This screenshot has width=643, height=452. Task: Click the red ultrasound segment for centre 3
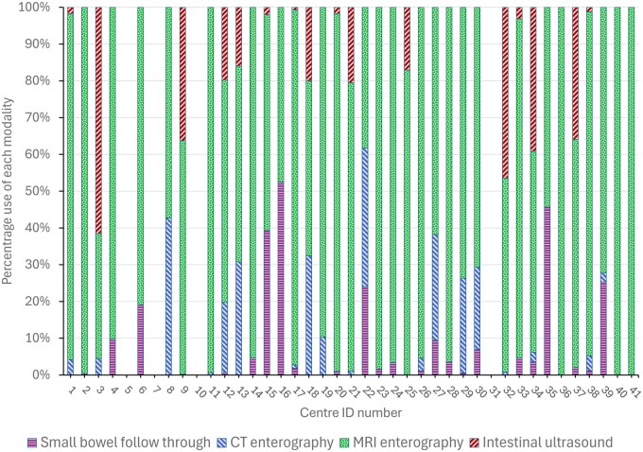pyautogui.click(x=99, y=120)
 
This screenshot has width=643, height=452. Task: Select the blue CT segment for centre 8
pyautogui.click(x=168, y=296)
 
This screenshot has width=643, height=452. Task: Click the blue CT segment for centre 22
pyautogui.click(x=365, y=217)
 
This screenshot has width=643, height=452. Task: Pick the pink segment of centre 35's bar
pyautogui.click(x=547, y=291)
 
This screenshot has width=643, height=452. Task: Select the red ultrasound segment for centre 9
pyautogui.click(x=182, y=74)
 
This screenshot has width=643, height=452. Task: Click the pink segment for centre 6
pyautogui.click(x=141, y=339)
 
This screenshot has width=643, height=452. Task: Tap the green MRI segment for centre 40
pyautogui.click(x=617, y=191)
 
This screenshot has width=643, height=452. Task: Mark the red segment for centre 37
pyautogui.click(x=575, y=73)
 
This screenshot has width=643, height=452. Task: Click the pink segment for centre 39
pyautogui.click(x=603, y=328)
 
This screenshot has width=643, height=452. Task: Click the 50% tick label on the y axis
pyautogui.click(x=39, y=191)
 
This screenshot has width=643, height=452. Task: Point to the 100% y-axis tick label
pyautogui.click(x=36, y=8)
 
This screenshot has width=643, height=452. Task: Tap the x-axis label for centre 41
pyautogui.click(x=634, y=391)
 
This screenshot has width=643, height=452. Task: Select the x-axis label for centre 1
pyautogui.click(x=71, y=391)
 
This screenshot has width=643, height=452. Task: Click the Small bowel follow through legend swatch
pyautogui.click(x=32, y=443)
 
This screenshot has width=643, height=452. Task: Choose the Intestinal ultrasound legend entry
pyautogui.click(x=541, y=443)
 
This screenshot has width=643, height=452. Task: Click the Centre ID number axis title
pyautogui.click(x=351, y=412)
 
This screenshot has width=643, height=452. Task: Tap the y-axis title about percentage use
pyautogui.click(x=8, y=191)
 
